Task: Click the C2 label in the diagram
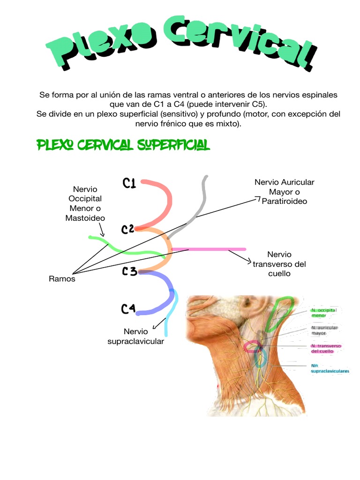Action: tap(128, 229)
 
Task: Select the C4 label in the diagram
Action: tap(128, 308)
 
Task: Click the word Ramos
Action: tap(62, 279)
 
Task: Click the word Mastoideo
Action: tap(85, 218)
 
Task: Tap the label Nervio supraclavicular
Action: tap(136, 337)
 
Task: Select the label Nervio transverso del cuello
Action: tap(279, 264)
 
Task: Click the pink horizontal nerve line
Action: tap(211, 249)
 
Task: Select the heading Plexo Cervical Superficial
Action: tap(123, 146)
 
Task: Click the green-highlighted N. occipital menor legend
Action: tap(324, 313)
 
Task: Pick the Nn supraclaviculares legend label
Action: tap(330, 368)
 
